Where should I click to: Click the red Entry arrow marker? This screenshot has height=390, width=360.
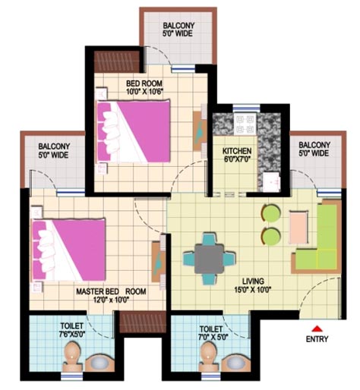pos(317,329)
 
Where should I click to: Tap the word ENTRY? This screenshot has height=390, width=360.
pos(317,339)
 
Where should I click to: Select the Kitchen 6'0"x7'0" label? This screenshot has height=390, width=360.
pos(237,155)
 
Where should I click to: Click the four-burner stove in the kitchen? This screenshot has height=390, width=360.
pos(245,124)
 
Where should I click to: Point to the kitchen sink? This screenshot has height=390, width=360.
pos(271,182)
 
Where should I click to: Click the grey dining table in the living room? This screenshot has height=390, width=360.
pos(209,259)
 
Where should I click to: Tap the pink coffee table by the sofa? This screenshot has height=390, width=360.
pos(298,227)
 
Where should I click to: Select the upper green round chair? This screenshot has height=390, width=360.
pos(270,213)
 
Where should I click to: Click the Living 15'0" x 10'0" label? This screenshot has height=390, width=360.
pos(252,285)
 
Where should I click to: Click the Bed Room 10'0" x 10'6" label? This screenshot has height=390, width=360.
pos(144,87)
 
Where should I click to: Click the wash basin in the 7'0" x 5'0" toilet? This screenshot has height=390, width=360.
pos(235,362)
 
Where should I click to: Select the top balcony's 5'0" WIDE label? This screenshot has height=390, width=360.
pos(178,33)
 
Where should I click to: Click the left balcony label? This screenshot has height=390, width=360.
pos(54,151)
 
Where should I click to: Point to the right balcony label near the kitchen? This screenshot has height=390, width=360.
pos(314,149)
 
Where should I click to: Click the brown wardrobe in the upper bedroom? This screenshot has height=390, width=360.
pos(117,61)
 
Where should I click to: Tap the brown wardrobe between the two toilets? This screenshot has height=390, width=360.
pos(143,322)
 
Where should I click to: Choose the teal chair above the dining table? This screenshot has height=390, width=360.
pos(210,239)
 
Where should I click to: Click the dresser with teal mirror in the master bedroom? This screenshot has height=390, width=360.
pos(158,262)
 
